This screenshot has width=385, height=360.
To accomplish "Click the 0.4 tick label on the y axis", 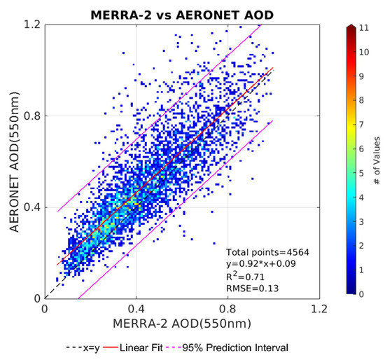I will (x=31, y=207).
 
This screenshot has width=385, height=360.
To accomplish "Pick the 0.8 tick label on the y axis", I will (x=31, y=116).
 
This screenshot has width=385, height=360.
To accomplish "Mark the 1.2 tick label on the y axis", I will (x=31, y=25).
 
